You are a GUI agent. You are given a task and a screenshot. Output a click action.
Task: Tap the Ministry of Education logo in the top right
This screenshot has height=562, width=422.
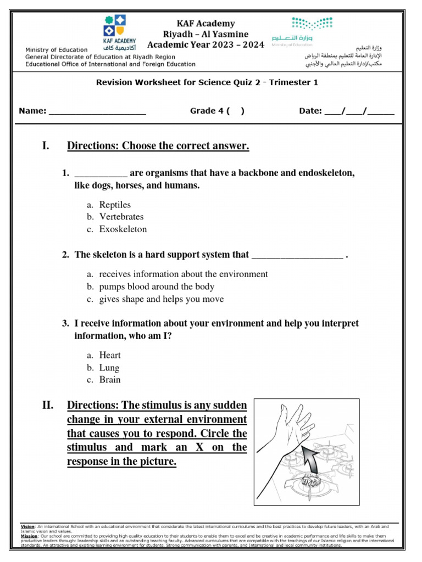click(312, 27)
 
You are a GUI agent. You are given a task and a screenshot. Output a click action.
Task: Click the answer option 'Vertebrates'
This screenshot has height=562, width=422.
click(121, 217)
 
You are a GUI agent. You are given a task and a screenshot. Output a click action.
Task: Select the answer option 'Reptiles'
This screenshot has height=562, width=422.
click(115, 205)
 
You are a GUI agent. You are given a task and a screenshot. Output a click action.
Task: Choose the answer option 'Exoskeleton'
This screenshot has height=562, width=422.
click(123, 229)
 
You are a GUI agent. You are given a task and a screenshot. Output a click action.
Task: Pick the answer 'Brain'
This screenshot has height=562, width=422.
click(110, 380)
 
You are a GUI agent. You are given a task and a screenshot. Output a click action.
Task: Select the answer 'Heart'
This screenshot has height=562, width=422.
click(110, 355)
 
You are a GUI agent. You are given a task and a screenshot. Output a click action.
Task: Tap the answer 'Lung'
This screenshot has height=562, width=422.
click(109, 368)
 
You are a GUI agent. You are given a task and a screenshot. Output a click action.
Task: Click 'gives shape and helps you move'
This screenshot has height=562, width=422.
click(162, 299)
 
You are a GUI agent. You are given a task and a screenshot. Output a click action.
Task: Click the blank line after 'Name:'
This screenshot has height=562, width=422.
click(97, 111)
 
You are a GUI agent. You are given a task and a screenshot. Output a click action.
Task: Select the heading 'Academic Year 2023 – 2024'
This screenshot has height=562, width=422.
click(206, 44)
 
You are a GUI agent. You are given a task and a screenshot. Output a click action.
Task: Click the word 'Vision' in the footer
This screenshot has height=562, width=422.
click(27, 526)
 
